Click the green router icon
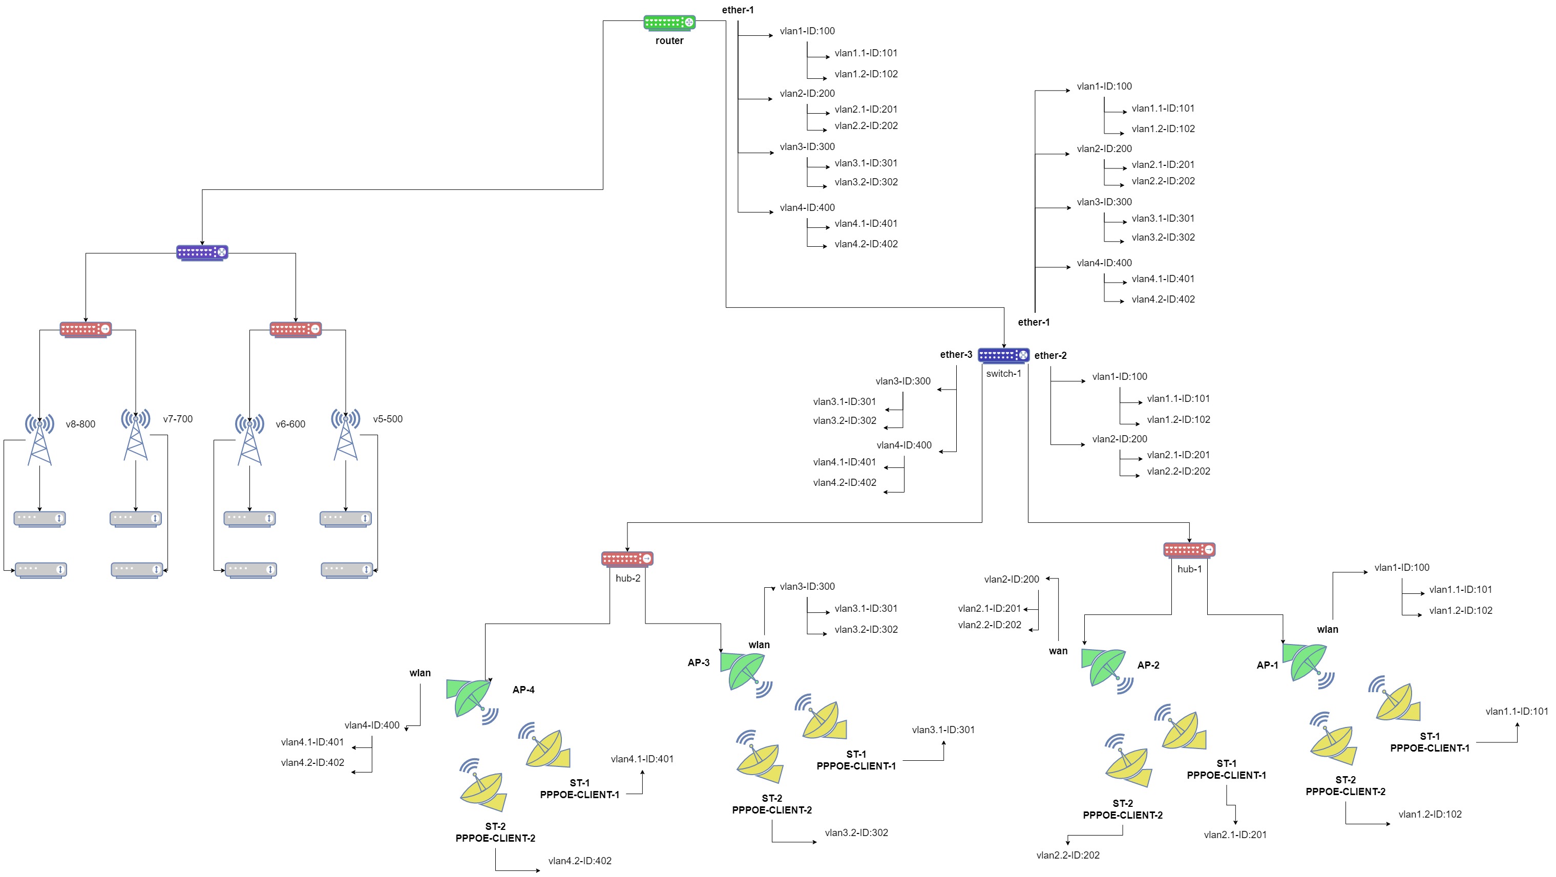coord(669,23)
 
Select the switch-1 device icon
coord(1003,356)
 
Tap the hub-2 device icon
coord(627,559)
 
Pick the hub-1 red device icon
coord(1189,550)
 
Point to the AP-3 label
coord(698,662)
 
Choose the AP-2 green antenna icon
coord(1107,671)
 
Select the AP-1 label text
coord(1267,665)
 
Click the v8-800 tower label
coord(80,424)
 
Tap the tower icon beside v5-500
coord(346,434)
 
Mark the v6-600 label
coord(290,424)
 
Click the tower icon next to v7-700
coord(136,434)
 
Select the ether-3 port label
coord(956,355)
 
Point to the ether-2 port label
coord(1050,356)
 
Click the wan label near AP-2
coord(1058,651)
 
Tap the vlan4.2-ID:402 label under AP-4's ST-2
coord(580,861)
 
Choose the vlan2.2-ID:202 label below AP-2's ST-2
coord(1068,855)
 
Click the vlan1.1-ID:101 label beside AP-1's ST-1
coord(1517,712)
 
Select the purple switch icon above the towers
coord(202,252)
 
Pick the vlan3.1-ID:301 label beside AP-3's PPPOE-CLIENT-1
coord(943,730)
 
